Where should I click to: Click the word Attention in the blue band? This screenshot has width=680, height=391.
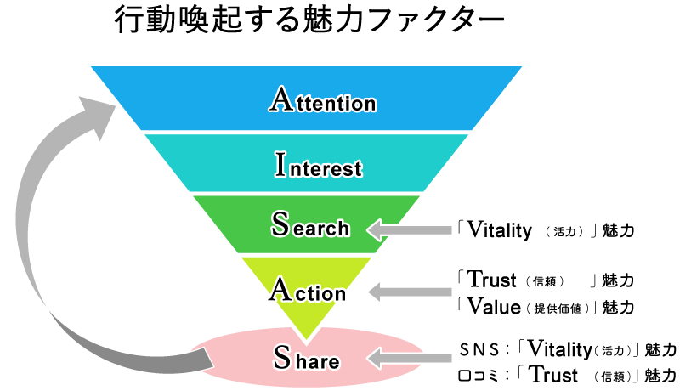coord(323,100)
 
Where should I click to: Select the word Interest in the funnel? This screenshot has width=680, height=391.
coord(319,165)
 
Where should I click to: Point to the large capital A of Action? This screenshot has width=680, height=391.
coord(280,289)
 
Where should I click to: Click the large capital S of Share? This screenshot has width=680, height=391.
coord(282,357)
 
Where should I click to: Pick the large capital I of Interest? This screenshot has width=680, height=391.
coord(281,164)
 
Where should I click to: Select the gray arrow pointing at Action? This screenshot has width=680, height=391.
coord(411,292)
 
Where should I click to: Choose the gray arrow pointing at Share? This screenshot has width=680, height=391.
coord(411,359)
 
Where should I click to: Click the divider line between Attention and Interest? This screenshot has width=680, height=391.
coord(306,132)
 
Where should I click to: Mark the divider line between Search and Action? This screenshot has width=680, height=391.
coord(306,254)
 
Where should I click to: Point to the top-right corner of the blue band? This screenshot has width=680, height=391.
coord(519,68)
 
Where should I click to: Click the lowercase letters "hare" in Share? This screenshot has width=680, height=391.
coord(318,362)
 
